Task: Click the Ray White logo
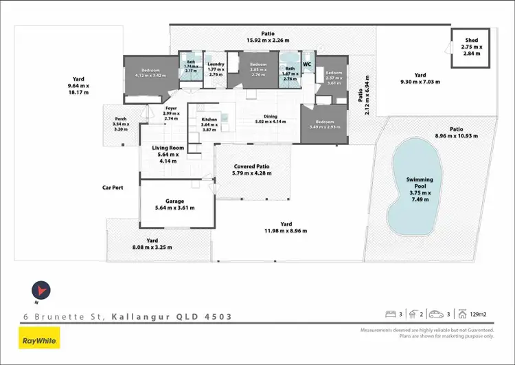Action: tap(40, 339)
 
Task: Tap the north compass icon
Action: tap(41, 291)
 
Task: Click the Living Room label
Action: tap(168, 148)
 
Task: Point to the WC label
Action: tap(307, 65)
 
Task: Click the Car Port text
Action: tap(113, 187)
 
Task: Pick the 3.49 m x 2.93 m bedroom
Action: tap(323, 126)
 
